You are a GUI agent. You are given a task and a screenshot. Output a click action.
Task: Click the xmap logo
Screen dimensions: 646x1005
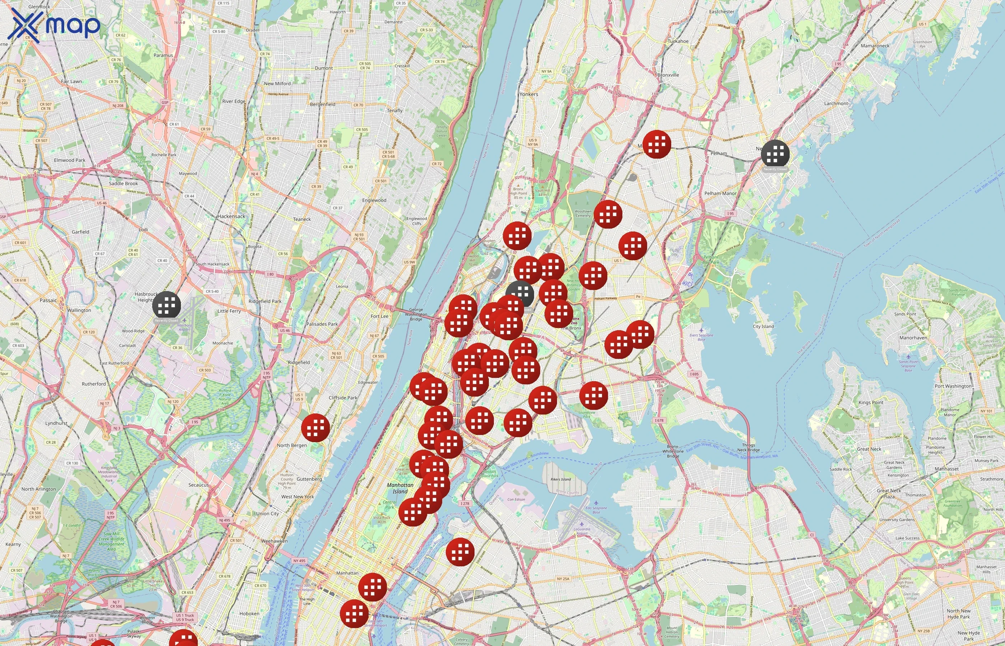(55, 25)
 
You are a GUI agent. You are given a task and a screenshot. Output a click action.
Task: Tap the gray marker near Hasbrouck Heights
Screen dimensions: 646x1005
(167, 305)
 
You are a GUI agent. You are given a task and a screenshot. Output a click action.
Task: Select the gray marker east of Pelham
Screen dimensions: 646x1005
(775, 154)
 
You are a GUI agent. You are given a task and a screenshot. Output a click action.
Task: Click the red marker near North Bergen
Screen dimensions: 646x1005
(315, 427)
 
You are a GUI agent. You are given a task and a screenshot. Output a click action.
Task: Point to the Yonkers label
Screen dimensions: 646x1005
(528, 94)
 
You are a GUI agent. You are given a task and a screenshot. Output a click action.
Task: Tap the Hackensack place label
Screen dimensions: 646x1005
(231, 216)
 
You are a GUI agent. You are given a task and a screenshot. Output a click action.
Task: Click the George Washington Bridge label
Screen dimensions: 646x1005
(416, 314)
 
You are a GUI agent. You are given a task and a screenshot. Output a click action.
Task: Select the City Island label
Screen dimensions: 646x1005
(763, 326)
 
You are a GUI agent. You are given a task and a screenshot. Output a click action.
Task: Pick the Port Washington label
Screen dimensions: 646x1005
(953, 386)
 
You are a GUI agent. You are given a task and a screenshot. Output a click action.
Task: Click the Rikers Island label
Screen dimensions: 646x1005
(561, 479)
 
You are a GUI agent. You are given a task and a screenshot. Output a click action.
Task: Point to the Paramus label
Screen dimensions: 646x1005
(163, 55)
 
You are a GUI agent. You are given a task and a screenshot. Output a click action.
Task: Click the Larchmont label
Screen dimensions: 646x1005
(836, 104)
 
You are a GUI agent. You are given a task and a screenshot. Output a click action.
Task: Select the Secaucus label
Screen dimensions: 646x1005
(198, 485)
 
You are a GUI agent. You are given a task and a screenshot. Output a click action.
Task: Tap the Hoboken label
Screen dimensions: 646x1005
(249, 614)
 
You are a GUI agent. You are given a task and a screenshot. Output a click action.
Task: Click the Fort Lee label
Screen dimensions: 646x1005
(380, 316)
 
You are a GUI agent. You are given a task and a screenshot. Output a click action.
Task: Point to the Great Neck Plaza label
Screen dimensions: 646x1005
(889, 493)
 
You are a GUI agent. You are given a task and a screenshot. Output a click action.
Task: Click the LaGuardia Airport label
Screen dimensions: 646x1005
(581, 531)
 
